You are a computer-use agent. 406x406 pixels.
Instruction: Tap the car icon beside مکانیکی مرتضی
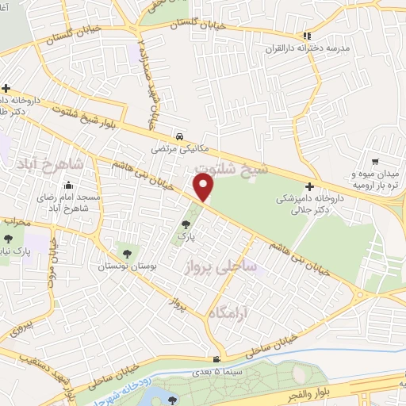pyautogui.click(x=183, y=136)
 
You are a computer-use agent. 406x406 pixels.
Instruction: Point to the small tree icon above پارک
pyautogui.click(x=186, y=224)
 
